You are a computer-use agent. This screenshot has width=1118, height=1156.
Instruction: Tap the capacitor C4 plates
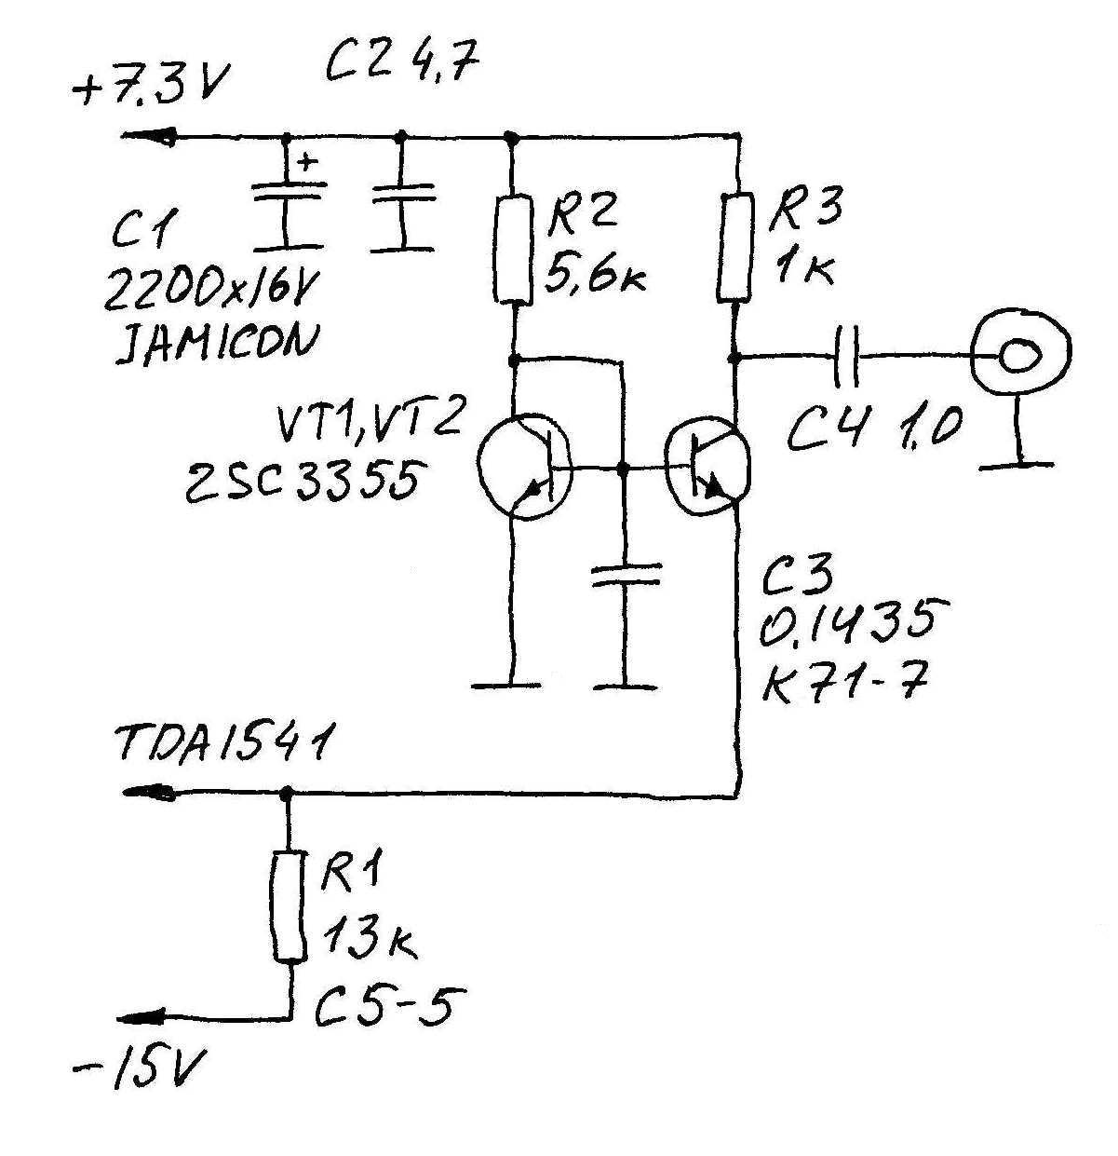846,356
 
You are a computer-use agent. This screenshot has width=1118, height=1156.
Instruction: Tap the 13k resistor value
369,939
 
